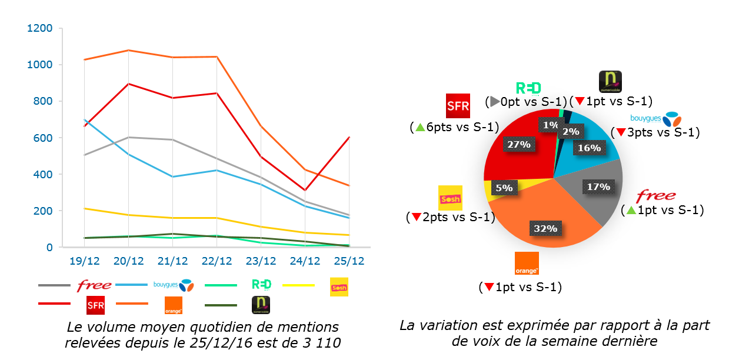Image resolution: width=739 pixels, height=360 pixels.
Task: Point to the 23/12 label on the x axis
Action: (x=261, y=261)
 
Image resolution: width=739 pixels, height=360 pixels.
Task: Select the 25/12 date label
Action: (x=349, y=261)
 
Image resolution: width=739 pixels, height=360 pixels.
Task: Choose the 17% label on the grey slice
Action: (x=598, y=187)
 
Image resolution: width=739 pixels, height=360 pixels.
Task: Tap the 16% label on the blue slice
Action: (x=589, y=148)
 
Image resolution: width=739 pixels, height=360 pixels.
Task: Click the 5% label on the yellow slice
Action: (x=504, y=188)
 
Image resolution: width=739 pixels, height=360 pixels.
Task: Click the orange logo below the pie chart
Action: (x=527, y=264)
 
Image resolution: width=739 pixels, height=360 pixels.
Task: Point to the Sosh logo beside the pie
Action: (x=451, y=198)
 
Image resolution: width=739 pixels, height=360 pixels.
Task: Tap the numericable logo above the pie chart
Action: (x=610, y=82)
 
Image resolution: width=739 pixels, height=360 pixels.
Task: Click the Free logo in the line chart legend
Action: (x=94, y=285)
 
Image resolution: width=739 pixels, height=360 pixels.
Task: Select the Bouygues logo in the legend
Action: (x=174, y=285)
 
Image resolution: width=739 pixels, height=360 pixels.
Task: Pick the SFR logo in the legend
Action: (x=95, y=305)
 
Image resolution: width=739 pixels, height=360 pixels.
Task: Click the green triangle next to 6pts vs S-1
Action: (x=420, y=127)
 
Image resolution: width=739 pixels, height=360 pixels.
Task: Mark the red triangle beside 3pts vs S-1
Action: (x=620, y=133)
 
